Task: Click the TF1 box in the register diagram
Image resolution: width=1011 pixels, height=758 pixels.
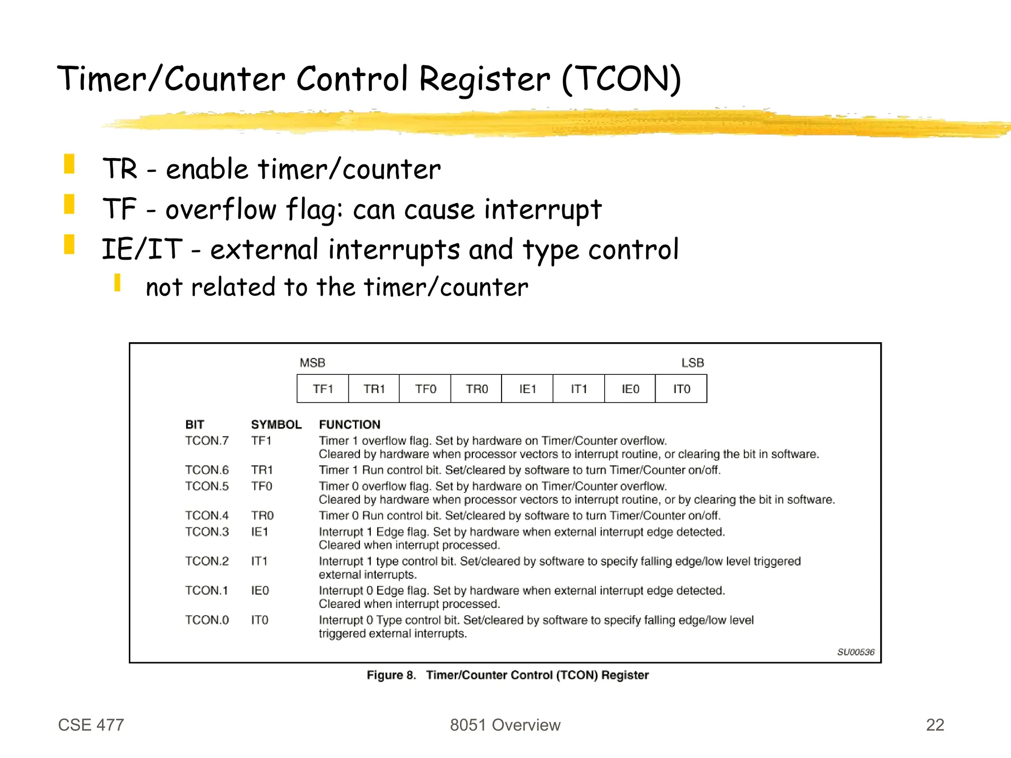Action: (x=323, y=389)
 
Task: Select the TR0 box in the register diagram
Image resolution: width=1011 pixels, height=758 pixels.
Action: (x=476, y=389)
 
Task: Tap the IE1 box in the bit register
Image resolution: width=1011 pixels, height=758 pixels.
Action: (x=527, y=389)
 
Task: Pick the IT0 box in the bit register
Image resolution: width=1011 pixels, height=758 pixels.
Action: (x=681, y=389)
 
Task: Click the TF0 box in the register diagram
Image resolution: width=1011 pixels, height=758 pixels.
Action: (x=425, y=389)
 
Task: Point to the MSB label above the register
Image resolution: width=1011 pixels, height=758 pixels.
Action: (x=312, y=363)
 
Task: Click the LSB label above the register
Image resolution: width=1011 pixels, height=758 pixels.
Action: (x=693, y=363)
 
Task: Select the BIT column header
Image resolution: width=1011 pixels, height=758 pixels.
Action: (x=194, y=425)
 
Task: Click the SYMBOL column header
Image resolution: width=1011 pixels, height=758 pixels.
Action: (x=276, y=425)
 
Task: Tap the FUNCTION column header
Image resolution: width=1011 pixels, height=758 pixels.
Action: (x=350, y=425)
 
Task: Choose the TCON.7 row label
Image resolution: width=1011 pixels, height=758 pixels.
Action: (x=207, y=440)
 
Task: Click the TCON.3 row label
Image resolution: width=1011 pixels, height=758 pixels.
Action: (x=207, y=532)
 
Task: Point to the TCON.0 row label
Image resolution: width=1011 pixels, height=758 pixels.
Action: (x=207, y=620)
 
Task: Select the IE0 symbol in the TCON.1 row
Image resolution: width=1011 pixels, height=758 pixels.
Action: (x=260, y=591)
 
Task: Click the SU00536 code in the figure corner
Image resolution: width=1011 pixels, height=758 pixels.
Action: (x=855, y=652)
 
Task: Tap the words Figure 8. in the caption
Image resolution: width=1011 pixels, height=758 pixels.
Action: (x=391, y=675)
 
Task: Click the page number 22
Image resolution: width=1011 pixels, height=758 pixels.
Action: (x=935, y=724)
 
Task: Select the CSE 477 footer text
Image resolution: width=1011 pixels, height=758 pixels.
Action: (x=91, y=724)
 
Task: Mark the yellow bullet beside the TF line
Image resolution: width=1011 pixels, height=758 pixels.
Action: (x=69, y=204)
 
